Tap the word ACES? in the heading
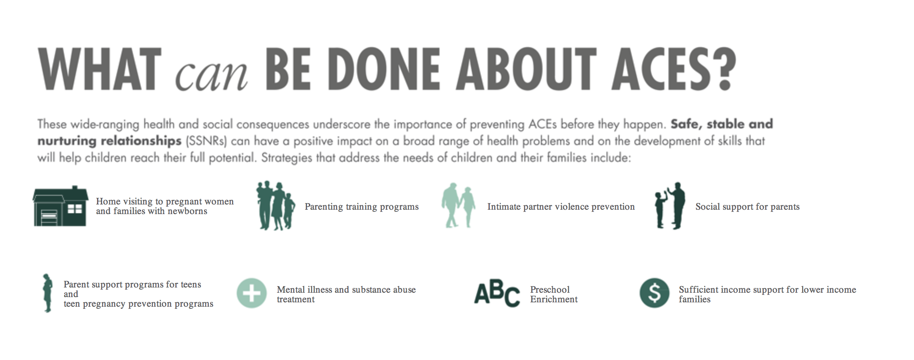pyautogui.click(x=673, y=69)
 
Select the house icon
pyautogui.click(x=60, y=206)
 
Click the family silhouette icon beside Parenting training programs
pyautogui.click(x=276, y=205)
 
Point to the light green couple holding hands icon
pyautogui.click(x=458, y=205)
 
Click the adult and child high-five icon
pyautogui.click(x=670, y=205)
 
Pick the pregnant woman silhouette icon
pyautogui.click(x=47, y=293)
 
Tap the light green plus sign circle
pyautogui.click(x=252, y=293)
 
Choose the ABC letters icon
pyautogui.click(x=497, y=293)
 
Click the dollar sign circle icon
pyautogui.click(x=654, y=293)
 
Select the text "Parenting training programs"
pyautogui.click(x=362, y=207)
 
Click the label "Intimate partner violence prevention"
pyautogui.click(x=561, y=207)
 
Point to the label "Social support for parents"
pyautogui.click(x=748, y=207)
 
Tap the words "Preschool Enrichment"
pyautogui.click(x=554, y=294)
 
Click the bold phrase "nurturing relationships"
pyautogui.click(x=109, y=141)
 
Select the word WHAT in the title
pyautogui.click(x=100, y=69)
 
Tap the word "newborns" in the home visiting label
pyautogui.click(x=187, y=211)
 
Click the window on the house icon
pyautogui.click(x=75, y=209)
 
